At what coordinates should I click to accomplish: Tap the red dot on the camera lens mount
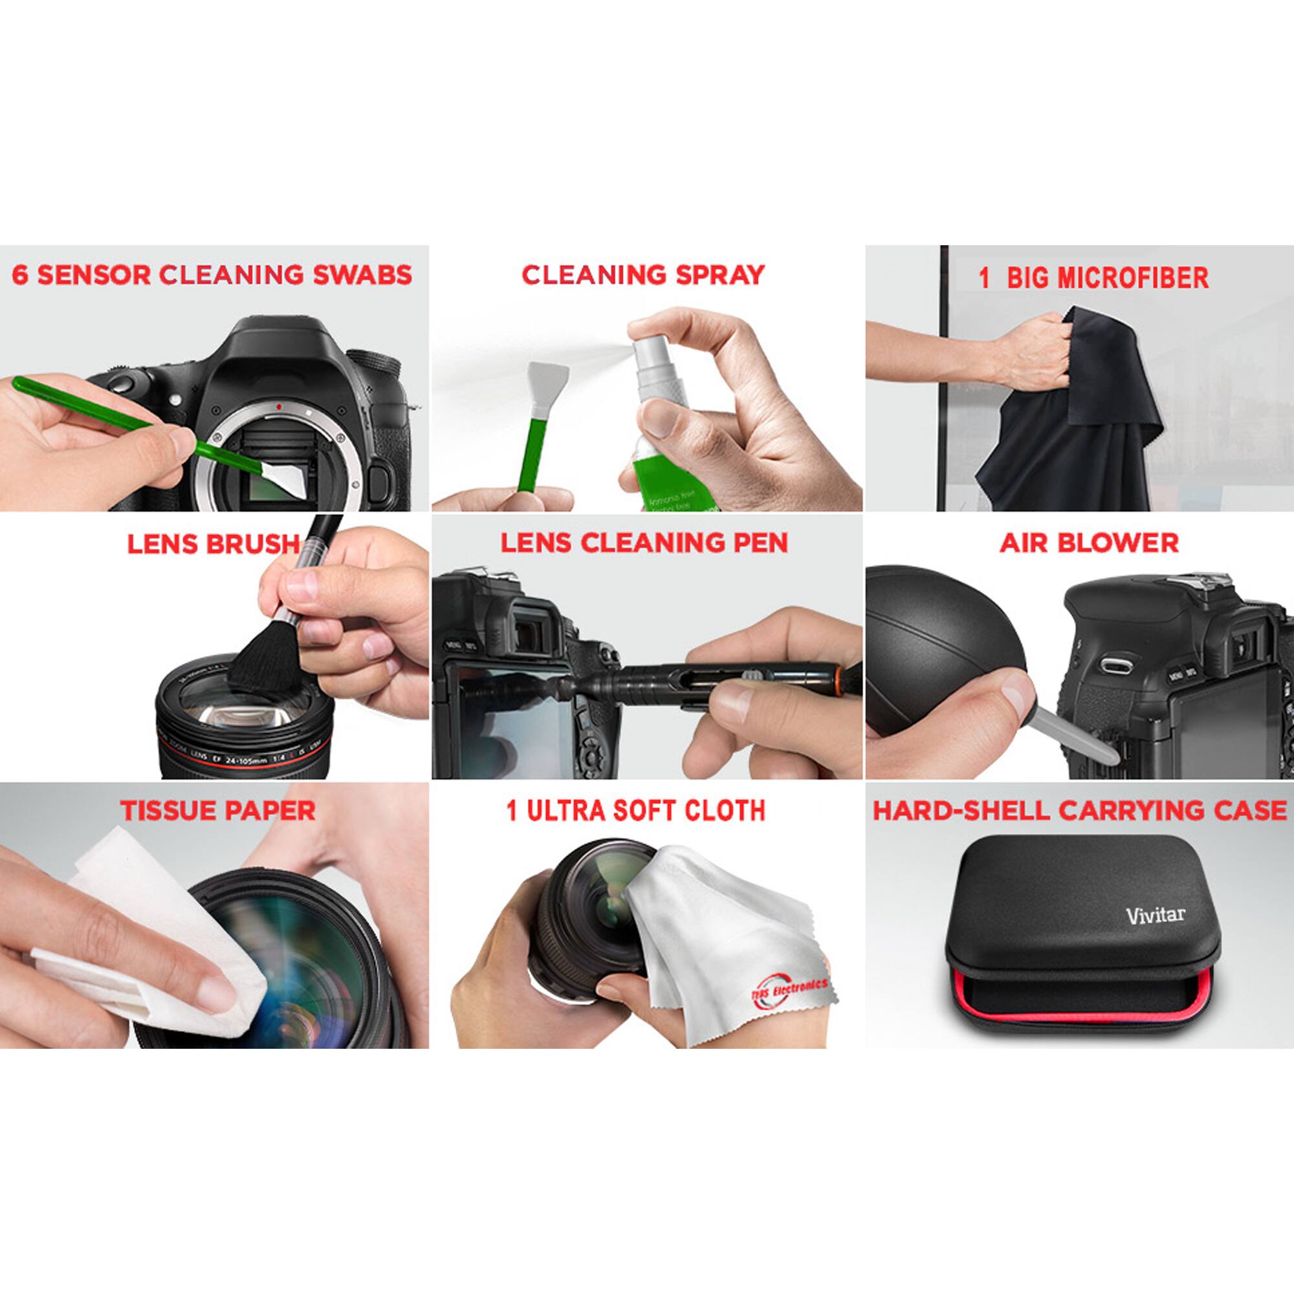[x=277, y=406]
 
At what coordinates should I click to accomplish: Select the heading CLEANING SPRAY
[x=643, y=275]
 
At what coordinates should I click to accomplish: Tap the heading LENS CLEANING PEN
[x=644, y=543]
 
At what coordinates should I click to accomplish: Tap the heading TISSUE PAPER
[x=217, y=811]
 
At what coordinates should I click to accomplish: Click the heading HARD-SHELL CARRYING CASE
[x=1079, y=811]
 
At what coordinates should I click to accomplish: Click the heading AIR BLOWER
[x=1089, y=543]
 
